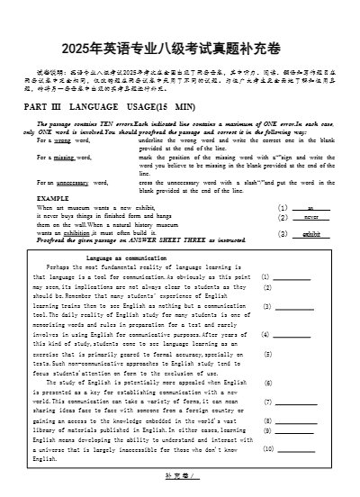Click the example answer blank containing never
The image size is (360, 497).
(310, 217)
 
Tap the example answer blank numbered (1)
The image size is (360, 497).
(310, 207)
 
